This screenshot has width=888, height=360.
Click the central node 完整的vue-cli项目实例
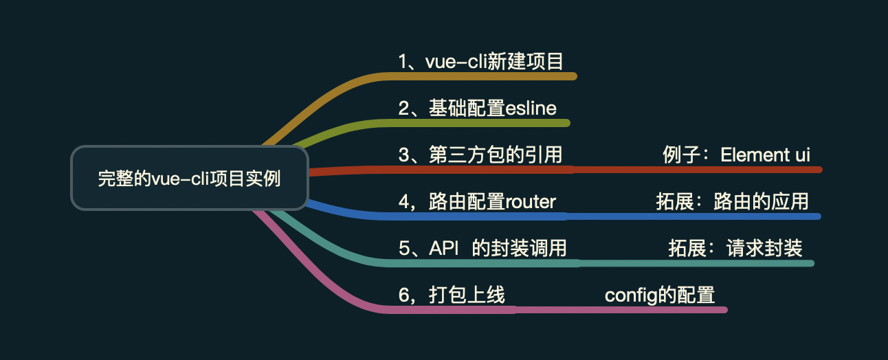click(189, 179)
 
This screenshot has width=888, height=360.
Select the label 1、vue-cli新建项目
click(481, 62)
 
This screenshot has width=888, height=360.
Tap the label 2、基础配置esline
click(478, 109)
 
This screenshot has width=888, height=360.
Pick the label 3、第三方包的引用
click(480, 155)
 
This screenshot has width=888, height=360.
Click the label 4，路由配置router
click(478, 202)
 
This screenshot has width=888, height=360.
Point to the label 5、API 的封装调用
click(482, 248)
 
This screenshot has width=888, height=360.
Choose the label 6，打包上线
click(452, 295)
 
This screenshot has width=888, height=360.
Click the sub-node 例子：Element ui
click(736, 155)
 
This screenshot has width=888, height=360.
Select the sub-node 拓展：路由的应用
click(732, 202)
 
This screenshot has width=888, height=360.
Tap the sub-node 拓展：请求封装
click(735, 248)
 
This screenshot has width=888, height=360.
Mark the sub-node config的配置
click(660, 295)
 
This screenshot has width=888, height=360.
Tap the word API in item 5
click(443, 248)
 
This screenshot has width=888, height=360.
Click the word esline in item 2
click(531, 109)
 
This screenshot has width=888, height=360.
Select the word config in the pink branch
click(622, 295)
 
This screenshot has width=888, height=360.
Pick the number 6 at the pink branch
click(404, 295)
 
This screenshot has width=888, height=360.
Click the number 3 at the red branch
click(404, 155)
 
